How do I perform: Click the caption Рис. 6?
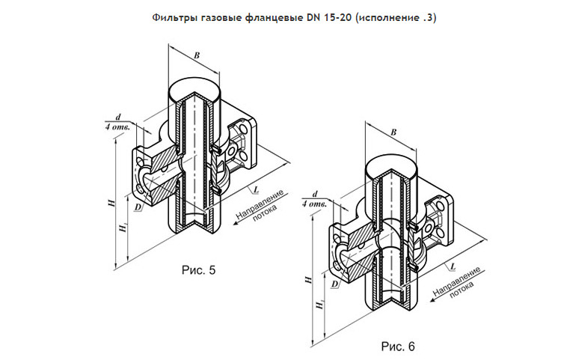(397, 347)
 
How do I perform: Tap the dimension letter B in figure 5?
(196, 55)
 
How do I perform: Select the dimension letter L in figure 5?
(256, 188)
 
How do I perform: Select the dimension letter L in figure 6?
(454, 265)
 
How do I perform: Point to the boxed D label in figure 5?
(138, 207)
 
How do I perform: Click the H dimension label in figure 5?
(110, 203)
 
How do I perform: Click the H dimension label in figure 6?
(308, 279)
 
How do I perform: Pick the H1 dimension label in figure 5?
(122, 229)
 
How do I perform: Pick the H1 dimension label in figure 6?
(319, 305)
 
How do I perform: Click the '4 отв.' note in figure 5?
(119, 127)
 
